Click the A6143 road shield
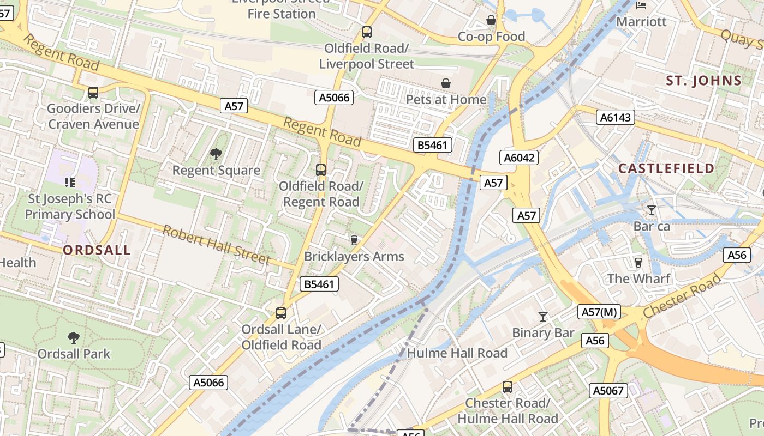[x=615, y=117]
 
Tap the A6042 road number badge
[x=519, y=158]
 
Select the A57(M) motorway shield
[x=599, y=312]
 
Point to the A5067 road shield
[x=608, y=390]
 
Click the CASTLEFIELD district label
[x=666, y=168]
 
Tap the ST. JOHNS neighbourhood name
[x=704, y=81]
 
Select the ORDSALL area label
[x=97, y=250]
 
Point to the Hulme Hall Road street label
[x=457, y=353]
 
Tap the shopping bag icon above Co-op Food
[x=491, y=21]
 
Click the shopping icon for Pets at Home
[x=446, y=83]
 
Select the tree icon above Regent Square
[x=216, y=154]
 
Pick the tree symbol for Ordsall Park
[x=74, y=338]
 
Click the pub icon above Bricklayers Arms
[x=354, y=240]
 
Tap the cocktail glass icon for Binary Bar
[x=543, y=317]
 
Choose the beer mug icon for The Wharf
[x=638, y=263]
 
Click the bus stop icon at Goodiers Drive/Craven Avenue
[x=93, y=93]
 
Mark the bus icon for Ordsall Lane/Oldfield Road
[x=281, y=313]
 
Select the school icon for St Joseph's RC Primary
[x=69, y=181]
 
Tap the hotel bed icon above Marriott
[x=642, y=5]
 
